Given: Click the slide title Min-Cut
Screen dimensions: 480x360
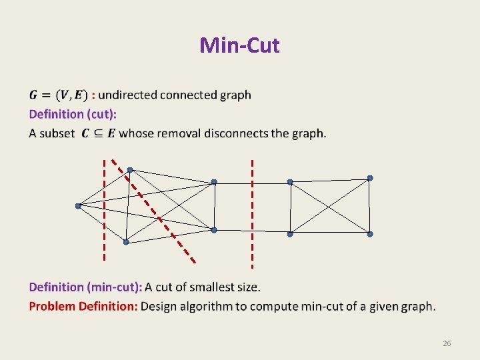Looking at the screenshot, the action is (239, 45).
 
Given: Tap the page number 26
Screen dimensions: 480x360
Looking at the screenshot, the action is (447, 343).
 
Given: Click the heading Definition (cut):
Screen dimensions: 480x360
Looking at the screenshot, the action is (73, 113).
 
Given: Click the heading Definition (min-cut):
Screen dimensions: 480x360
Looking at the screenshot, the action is (85, 287).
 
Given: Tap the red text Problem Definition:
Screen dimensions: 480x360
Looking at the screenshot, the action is (83, 307).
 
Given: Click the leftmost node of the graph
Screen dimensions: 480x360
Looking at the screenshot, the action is (78, 206).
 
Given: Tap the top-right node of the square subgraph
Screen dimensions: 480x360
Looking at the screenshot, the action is (370, 178).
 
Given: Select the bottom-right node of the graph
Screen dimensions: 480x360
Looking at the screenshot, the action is (370, 234).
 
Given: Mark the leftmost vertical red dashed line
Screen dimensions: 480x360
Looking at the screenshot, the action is (104, 210).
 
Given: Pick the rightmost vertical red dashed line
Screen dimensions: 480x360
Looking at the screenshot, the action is (252, 210).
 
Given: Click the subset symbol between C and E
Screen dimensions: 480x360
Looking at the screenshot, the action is (97, 133).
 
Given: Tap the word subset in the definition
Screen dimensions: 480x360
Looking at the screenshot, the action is (57, 133).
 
